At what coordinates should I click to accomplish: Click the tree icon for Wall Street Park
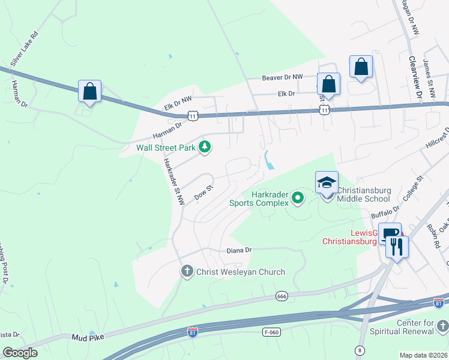tap(205, 147)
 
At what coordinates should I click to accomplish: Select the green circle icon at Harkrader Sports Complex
tap(297, 197)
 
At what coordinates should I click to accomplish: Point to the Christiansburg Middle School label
tap(364, 194)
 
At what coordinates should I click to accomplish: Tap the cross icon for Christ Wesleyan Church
tap(187, 272)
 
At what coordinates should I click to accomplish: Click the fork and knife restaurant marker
tap(397, 247)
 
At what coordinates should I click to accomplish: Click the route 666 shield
tap(282, 296)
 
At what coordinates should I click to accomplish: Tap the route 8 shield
tap(360, 350)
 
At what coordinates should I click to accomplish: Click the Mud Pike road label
tap(88, 337)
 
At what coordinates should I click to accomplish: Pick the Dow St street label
tap(203, 193)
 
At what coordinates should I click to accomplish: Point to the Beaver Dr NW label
tap(283, 77)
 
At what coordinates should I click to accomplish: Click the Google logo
tap(20, 353)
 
